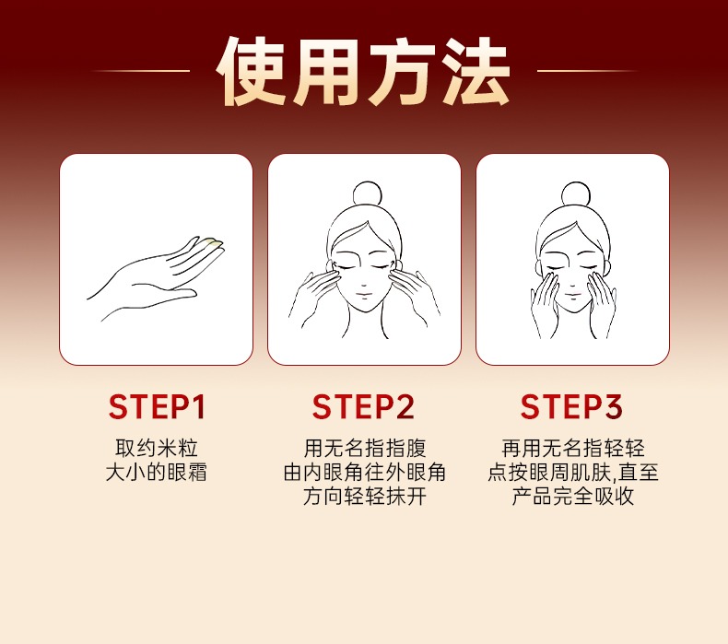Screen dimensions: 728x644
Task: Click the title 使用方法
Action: (x=363, y=71)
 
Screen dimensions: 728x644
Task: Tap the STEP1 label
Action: (x=157, y=407)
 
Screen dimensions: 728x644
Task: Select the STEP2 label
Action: (x=363, y=407)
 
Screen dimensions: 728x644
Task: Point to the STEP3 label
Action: (x=571, y=407)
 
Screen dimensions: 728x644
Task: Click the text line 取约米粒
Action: (x=157, y=449)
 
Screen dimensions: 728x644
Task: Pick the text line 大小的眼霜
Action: (x=157, y=473)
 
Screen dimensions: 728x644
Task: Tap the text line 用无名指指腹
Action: (x=365, y=449)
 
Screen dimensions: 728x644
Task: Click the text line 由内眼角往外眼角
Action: (x=365, y=473)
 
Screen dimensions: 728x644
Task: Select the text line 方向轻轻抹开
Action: (x=365, y=496)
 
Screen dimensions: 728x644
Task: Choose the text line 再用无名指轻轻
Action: (x=573, y=449)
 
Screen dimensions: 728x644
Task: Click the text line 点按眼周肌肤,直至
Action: (x=573, y=473)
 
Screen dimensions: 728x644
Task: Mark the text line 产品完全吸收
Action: (x=573, y=496)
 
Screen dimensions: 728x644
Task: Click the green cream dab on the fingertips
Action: (x=213, y=242)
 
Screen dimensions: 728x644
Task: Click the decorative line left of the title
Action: (x=141, y=71)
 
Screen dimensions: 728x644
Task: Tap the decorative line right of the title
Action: (x=586, y=71)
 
